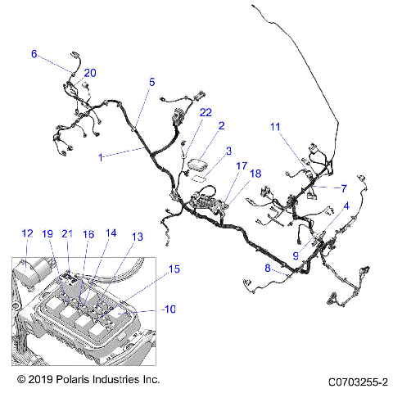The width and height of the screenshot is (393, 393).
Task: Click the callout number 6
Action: click(x=34, y=54)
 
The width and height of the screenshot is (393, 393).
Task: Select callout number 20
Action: click(x=90, y=73)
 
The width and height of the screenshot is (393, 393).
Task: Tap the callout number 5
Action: click(x=151, y=82)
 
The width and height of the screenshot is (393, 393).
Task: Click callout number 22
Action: click(x=206, y=112)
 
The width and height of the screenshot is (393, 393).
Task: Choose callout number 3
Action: click(x=229, y=151)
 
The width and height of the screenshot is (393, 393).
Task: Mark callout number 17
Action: click(x=241, y=166)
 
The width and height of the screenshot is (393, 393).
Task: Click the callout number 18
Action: click(x=255, y=174)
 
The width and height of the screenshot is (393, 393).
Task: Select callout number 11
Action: click(x=275, y=126)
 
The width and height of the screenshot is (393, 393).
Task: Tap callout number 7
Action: click(x=344, y=187)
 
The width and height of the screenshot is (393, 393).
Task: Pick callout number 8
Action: click(x=268, y=268)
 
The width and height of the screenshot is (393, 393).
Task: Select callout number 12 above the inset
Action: click(x=27, y=233)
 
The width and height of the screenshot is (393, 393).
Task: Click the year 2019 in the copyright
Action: click(x=41, y=381)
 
